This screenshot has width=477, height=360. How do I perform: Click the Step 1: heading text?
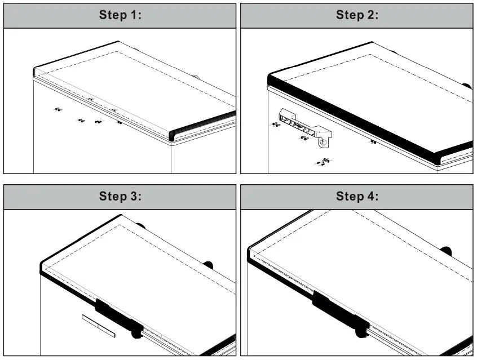click(120, 15)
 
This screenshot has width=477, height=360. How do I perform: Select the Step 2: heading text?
click(357, 15)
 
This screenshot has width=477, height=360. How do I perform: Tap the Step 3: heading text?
click(120, 196)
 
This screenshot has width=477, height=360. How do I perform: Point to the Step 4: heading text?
click(357, 196)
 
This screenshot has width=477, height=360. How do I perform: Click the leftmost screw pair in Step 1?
click(58, 109)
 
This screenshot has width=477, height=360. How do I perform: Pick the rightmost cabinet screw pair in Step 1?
click(120, 122)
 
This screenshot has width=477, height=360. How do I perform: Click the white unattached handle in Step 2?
click(305, 128)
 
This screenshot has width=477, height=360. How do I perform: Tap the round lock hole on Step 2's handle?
click(322, 142)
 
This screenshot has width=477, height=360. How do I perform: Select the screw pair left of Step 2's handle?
click(276, 125)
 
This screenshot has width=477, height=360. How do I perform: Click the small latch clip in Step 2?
click(326, 160)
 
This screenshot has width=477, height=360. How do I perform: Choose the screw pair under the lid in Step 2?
click(374, 141)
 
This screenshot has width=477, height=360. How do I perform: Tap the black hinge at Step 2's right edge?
click(467, 86)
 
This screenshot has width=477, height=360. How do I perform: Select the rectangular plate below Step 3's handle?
click(99, 326)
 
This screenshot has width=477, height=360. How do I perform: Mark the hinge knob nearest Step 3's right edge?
click(209, 265)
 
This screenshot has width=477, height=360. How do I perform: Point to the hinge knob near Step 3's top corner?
click(140, 226)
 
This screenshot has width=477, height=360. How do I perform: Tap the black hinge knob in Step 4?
click(446, 251)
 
